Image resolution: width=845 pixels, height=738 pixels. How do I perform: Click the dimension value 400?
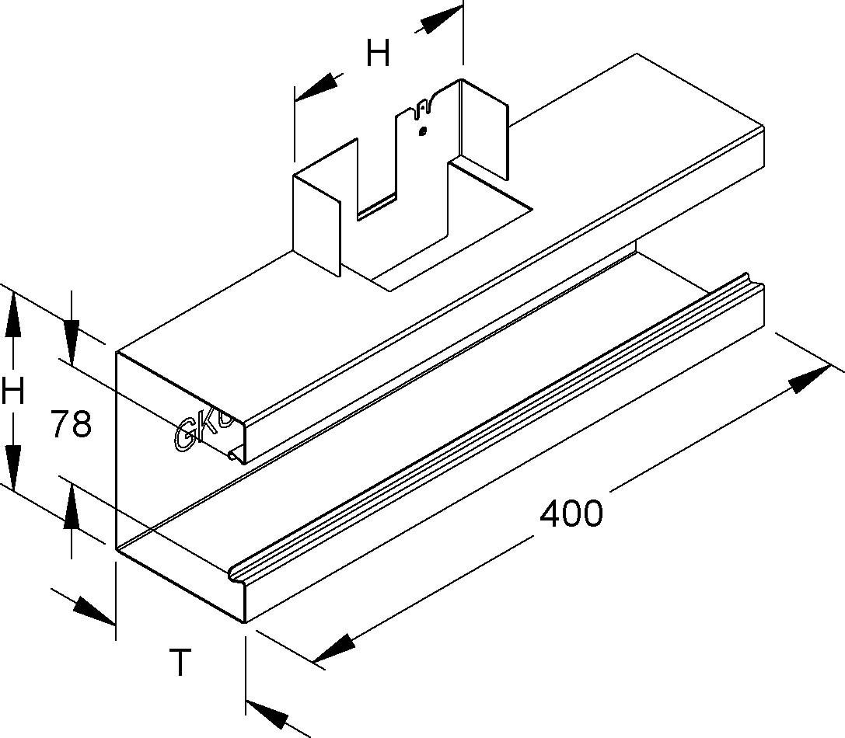(571, 513)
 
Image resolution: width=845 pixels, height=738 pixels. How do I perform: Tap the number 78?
(71, 425)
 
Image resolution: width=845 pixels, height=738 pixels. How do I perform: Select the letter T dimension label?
(180, 663)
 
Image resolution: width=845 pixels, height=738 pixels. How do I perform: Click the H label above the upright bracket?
(378, 54)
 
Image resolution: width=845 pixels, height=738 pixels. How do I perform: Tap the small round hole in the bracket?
(422, 131)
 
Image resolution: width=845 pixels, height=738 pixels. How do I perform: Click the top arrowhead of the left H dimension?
(12, 315)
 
